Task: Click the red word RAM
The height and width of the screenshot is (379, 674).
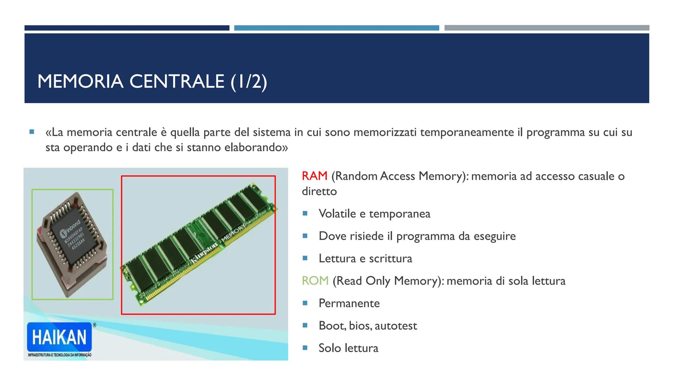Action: click(315, 176)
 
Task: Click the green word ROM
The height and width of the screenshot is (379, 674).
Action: click(315, 281)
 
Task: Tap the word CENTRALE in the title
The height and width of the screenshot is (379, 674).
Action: click(177, 81)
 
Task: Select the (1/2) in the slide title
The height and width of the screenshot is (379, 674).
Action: click(249, 81)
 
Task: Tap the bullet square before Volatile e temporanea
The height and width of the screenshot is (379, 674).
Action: click(305, 213)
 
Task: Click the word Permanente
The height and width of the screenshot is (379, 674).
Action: click(349, 303)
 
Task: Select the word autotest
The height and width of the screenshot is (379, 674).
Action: click(396, 326)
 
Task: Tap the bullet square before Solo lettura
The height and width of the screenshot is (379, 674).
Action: click(305, 348)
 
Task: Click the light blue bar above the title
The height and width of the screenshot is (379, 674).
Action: click(336, 28)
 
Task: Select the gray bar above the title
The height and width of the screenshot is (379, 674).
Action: click(547, 28)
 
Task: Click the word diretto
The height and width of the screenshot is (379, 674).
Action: click(319, 192)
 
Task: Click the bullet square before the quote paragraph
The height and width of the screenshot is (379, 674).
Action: click(32, 132)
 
